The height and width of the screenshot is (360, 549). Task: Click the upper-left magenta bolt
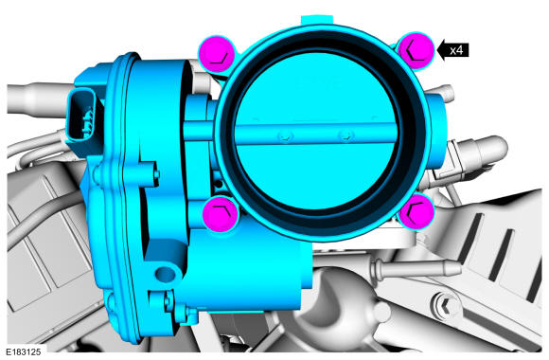point(217,54)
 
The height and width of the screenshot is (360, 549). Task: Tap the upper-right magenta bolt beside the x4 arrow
point(416,51)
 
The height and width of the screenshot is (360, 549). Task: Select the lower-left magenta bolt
point(221,214)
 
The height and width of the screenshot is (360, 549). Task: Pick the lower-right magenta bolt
point(416,210)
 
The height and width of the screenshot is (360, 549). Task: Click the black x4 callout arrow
point(453,50)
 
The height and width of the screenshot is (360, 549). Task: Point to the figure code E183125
point(23,351)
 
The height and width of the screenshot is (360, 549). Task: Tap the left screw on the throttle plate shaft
point(285,136)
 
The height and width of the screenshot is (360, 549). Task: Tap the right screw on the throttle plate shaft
point(346,135)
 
